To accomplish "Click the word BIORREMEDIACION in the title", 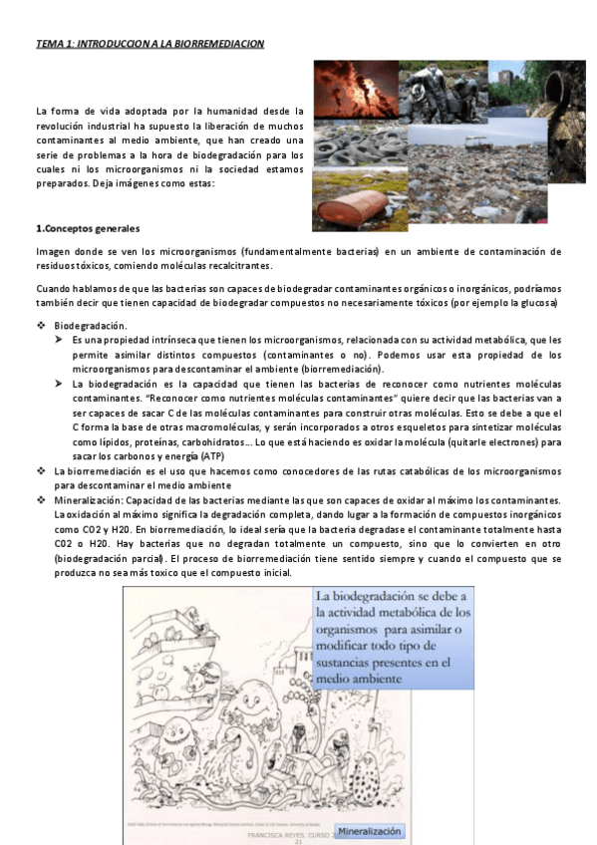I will tap(220, 45).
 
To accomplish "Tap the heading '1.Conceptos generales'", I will tap(88, 229).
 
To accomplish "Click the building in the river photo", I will tap(506, 73).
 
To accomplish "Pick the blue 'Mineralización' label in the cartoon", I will tap(370, 830).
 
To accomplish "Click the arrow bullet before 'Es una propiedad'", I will tap(59, 341).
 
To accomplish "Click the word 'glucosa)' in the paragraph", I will tap(539, 303).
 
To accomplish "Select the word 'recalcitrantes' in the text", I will tap(237, 266).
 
